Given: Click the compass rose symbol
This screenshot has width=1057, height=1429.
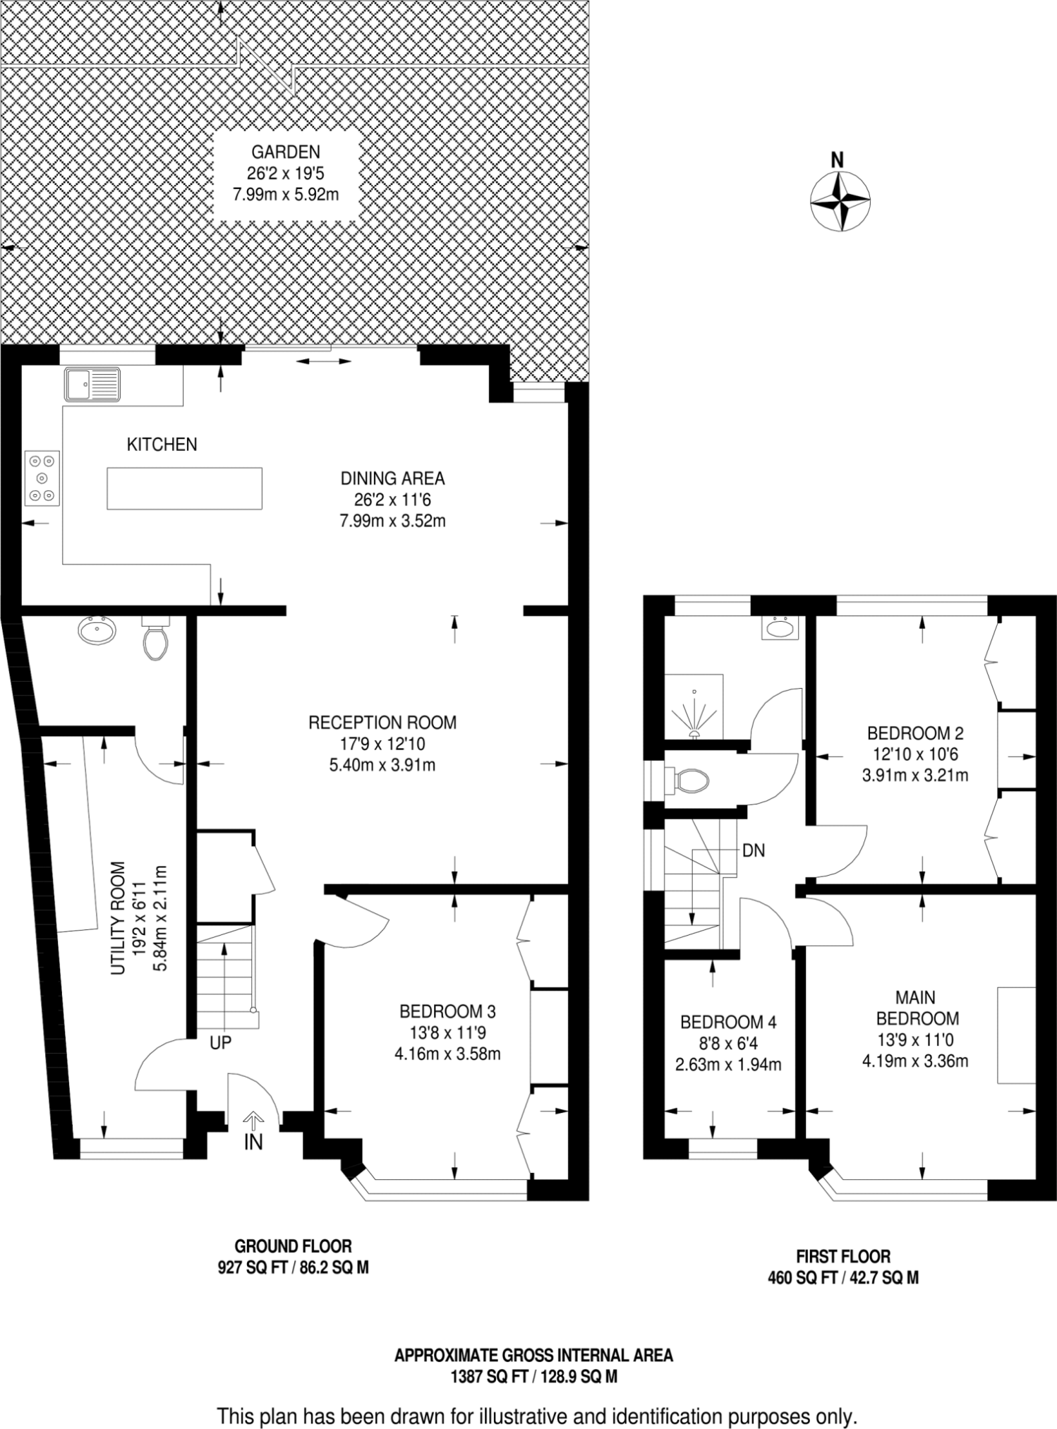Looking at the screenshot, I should point(838,201).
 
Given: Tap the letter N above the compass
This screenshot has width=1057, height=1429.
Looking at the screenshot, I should point(837,160).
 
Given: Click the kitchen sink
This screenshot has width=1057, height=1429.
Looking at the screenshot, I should point(92,385).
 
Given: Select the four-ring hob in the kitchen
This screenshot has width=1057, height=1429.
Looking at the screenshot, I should point(42,478).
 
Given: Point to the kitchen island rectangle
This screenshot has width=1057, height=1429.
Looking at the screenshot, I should point(184,488).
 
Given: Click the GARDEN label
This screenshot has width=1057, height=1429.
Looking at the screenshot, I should point(286,152).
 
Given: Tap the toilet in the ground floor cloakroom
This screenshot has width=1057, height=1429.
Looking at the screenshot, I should point(155,639).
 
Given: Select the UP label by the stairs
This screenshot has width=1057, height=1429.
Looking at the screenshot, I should point(220,1042).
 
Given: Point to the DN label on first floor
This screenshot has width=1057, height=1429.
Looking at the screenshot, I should point(754,850).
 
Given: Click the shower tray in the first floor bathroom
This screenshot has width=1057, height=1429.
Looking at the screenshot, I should point(694,706).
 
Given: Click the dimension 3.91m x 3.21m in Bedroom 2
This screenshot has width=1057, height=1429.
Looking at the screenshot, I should point(914,775).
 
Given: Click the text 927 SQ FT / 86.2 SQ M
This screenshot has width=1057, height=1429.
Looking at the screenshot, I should point(293,1267).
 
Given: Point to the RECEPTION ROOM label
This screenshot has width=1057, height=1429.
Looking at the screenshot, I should point(382,722).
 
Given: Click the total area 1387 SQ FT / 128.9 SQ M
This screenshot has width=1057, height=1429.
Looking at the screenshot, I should point(533,1376).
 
